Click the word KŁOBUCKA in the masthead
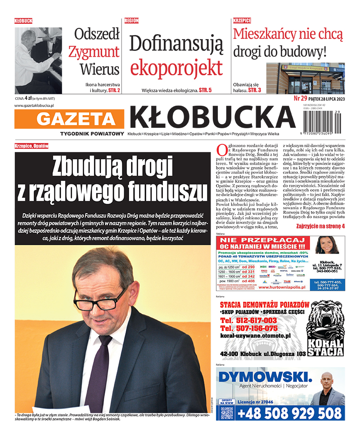click(212, 117)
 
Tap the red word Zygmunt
click(94, 51)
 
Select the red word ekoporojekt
click(176, 67)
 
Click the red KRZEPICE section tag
click(242, 21)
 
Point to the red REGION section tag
click(131, 21)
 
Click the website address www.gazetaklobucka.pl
click(34, 105)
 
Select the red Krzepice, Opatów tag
click(31, 146)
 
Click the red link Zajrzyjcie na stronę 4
click(320, 226)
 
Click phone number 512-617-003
click(248, 320)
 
